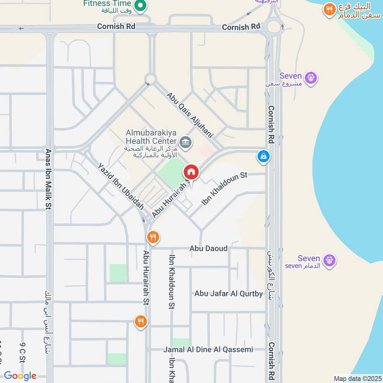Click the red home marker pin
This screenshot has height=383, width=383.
point(191,171)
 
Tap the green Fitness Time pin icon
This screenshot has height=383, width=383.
point(140,6)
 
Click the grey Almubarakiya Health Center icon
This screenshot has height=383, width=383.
point(185,142)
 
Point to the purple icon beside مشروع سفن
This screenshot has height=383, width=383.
point(311,77)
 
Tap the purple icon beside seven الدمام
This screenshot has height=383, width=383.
point(329,260)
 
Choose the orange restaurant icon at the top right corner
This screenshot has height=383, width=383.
point(329,9)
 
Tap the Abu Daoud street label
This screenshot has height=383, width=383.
point(208,249)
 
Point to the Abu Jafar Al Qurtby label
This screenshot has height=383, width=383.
point(228,293)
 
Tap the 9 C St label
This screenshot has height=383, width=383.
point(23,352)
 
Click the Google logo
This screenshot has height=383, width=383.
point(20,376)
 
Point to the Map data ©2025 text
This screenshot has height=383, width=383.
point(357,378)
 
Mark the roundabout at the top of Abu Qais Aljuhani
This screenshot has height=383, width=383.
point(151,78)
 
